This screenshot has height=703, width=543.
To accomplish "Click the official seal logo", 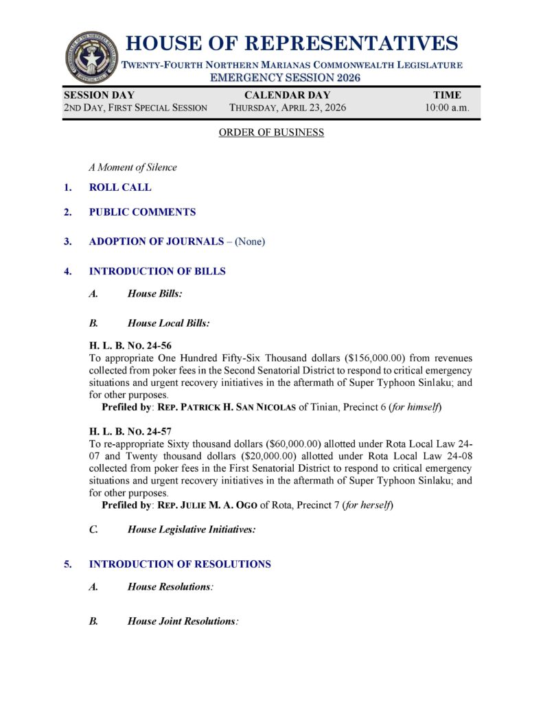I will [92, 58].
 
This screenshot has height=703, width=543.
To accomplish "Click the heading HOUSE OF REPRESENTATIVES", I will [292, 44].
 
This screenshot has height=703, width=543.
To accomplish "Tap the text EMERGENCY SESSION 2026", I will [285, 78].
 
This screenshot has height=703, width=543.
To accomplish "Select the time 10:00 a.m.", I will [447, 108].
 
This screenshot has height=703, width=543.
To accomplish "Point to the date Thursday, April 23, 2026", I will [287, 108].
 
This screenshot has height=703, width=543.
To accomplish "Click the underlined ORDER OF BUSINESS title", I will [271, 132].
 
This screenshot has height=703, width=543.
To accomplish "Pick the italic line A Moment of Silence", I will [132, 168].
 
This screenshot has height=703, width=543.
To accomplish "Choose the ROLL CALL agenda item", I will [120, 187].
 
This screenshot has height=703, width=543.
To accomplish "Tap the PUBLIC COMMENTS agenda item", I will [142, 212].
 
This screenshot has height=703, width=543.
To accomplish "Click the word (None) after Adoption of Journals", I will [250, 242].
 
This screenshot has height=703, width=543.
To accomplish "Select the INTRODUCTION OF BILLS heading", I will [157, 271].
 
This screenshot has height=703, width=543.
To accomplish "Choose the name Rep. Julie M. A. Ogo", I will [207, 506].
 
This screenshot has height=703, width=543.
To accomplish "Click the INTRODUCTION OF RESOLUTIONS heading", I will [180, 564].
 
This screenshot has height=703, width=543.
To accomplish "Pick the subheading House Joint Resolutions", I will [181, 621].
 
